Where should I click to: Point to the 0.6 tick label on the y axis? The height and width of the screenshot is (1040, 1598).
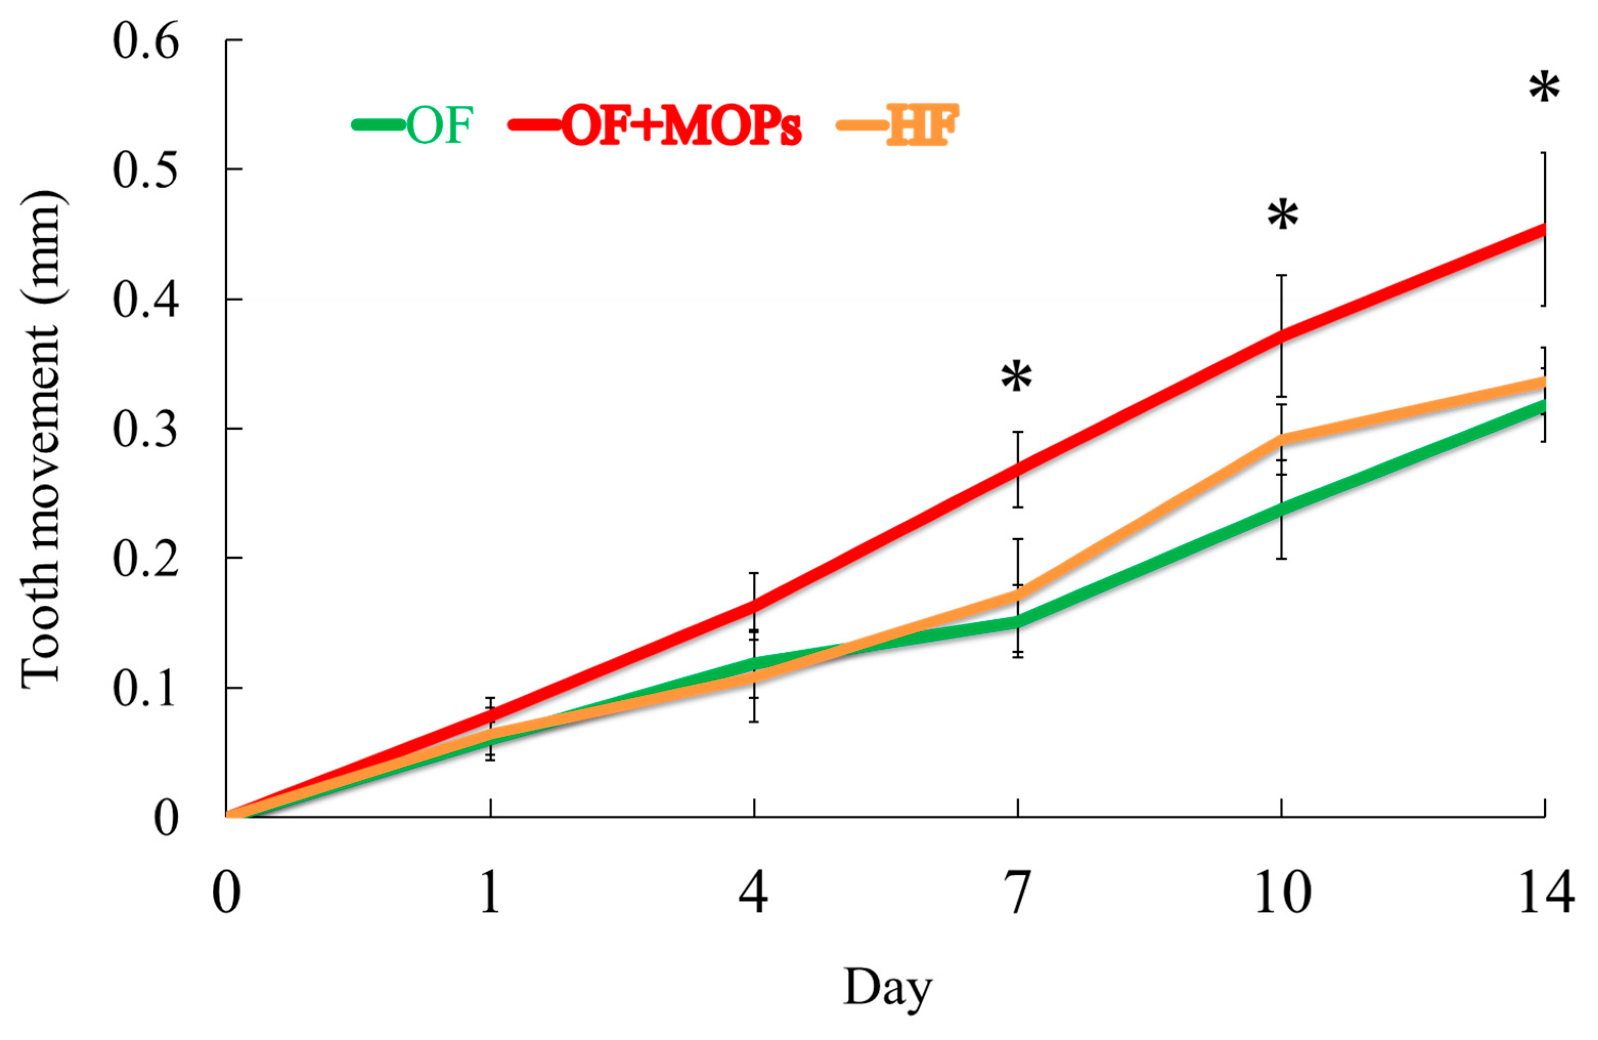pos(146,41)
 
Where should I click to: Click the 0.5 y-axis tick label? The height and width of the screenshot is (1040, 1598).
pos(146,170)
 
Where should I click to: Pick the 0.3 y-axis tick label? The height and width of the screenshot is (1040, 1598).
pos(146,430)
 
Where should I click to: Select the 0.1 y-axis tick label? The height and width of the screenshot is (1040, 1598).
pos(146,689)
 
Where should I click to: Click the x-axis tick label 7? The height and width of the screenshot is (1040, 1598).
pos(1018,893)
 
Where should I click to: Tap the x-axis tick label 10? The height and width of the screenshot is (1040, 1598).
pos(1282,893)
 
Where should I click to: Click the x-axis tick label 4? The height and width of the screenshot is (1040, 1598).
pos(754,893)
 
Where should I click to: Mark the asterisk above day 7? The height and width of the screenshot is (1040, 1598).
pos(1016,378)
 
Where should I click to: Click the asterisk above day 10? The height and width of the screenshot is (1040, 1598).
pos(1282,216)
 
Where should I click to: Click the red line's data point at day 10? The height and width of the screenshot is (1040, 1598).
pos(1282,336)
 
